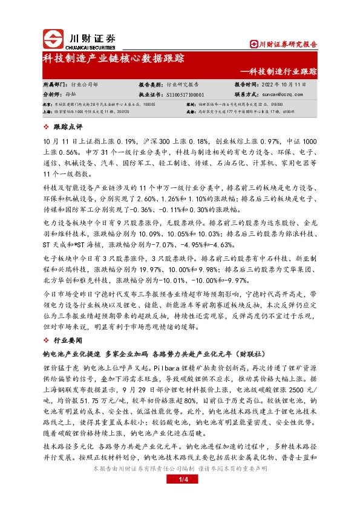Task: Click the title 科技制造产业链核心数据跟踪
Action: pyautogui.click(x=113, y=59)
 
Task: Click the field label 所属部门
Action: pyautogui.click(x=54, y=86)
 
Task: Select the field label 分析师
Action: pyautogui.click(x=52, y=95)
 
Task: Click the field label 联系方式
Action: pyautogui.click(x=247, y=95)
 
